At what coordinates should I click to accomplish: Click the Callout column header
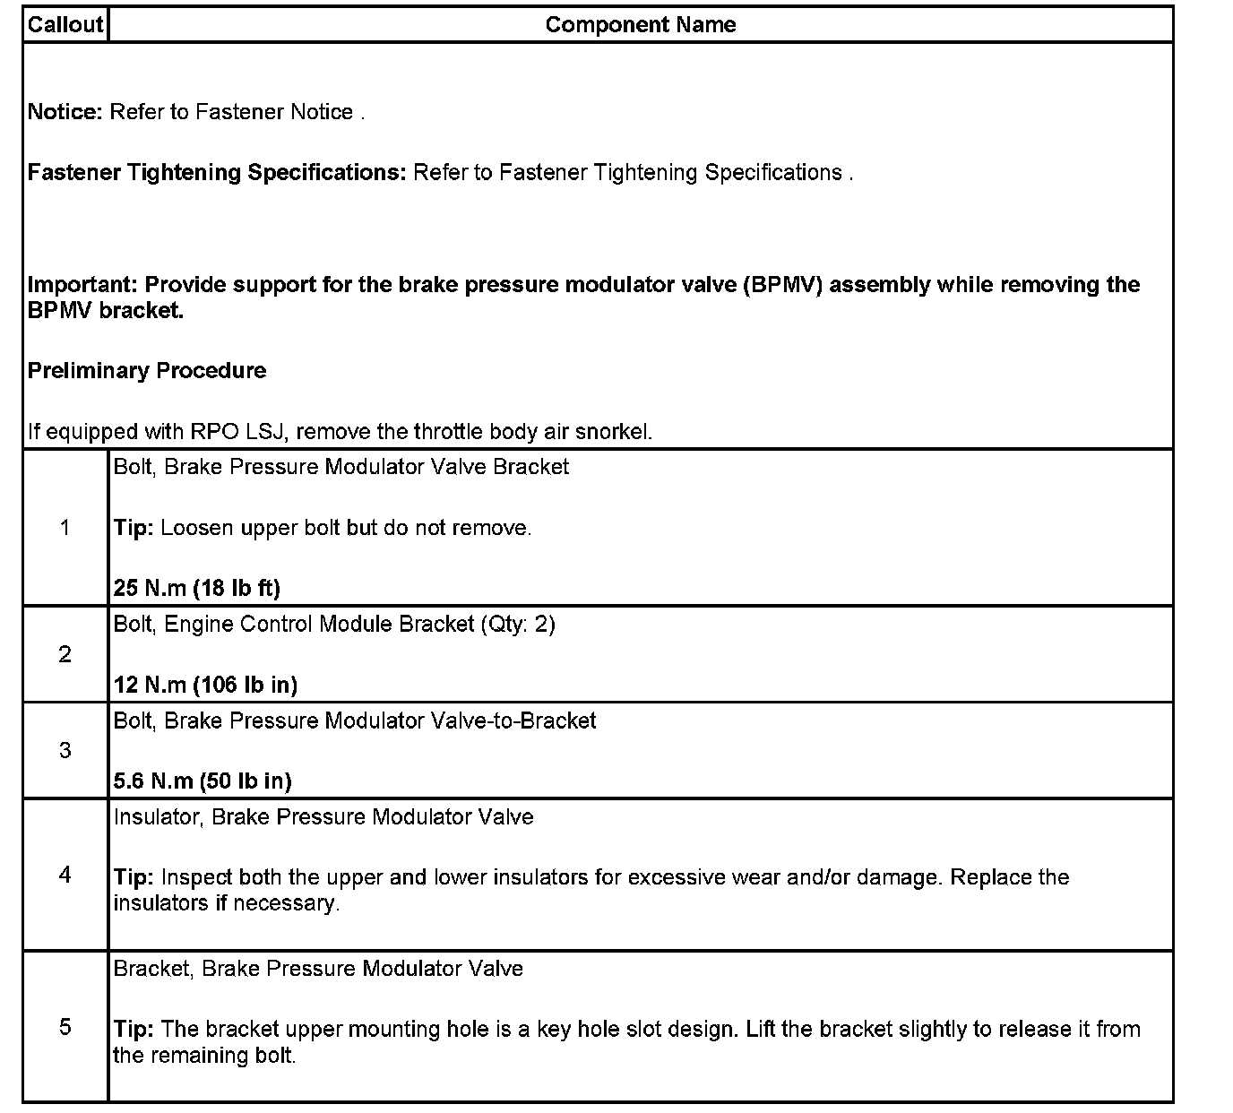pyautogui.click(x=65, y=25)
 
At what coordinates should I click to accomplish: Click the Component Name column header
pyautogui.click(x=640, y=25)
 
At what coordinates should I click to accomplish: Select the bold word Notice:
pyautogui.click(x=65, y=112)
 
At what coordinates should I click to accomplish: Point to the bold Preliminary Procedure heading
pyautogui.click(x=147, y=371)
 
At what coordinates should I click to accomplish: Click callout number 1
pyautogui.click(x=65, y=528)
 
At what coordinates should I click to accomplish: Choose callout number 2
pyautogui.click(x=65, y=655)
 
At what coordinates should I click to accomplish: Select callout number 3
pyautogui.click(x=65, y=751)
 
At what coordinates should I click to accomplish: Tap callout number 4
pyautogui.click(x=65, y=875)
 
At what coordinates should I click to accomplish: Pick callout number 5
pyautogui.click(x=65, y=1027)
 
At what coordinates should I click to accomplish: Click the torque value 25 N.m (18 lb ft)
pyautogui.click(x=197, y=589)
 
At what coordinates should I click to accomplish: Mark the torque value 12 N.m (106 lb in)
pyautogui.click(x=205, y=686)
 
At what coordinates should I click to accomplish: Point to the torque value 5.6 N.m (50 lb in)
pyautogui.click(x=203, y=781)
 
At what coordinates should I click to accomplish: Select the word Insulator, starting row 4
pyautogui.click(x=159, y=817)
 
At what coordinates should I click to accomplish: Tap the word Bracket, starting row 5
pyautogui.click(x=153, y=969)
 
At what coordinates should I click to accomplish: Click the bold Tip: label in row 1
pyautogui.click(x=134, y=529)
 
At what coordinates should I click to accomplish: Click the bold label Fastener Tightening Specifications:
pyautogui.click(x=217, y=173)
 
